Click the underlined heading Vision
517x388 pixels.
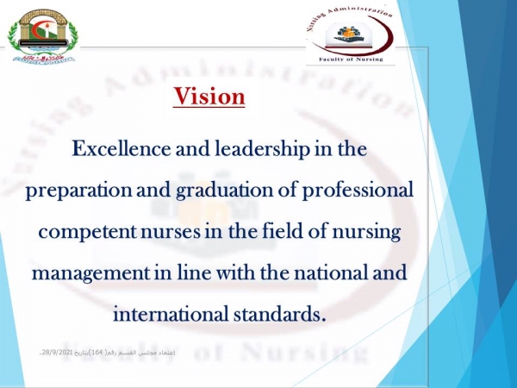coord(209,96)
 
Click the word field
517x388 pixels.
coord(269,231)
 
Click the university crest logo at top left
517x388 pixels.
coord(41,35)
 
